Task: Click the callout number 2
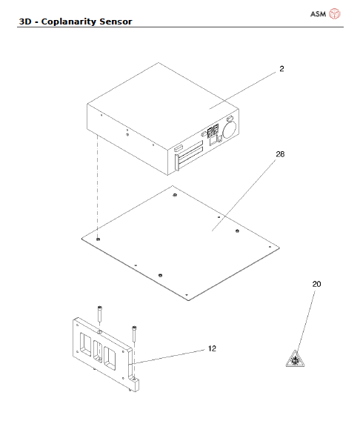point(281,69)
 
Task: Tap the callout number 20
point(316,284)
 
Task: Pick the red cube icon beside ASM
point(335,14)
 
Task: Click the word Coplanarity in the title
point(69,21)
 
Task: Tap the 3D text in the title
point(24,21)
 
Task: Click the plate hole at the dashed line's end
point(98,239)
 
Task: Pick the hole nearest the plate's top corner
point(173,196)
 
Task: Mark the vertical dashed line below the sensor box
point(97,185)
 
